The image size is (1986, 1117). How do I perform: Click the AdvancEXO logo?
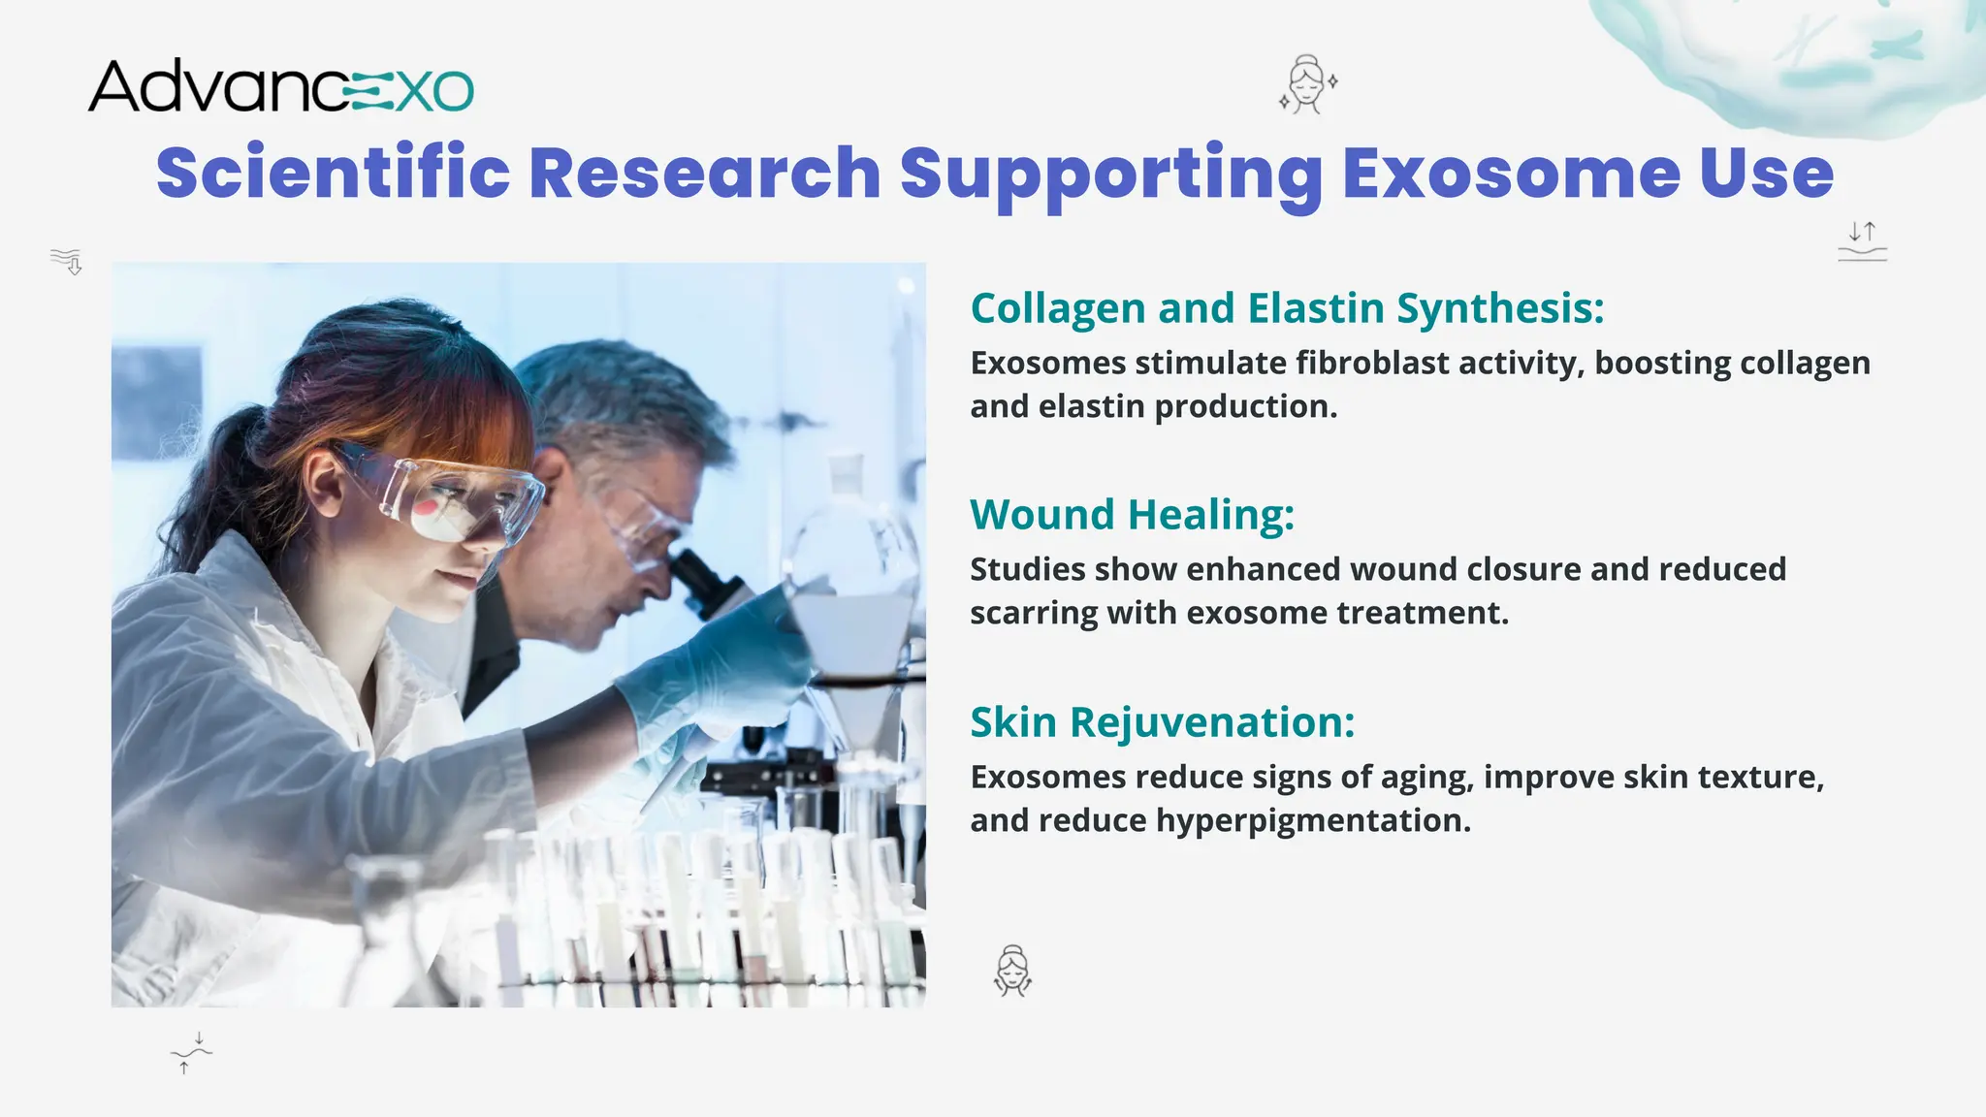coord(280,87)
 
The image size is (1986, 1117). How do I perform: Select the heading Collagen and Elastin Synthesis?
coord(1287,308)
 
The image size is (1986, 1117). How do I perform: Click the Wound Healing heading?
coord(1132,514)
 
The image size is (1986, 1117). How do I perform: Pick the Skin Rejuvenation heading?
coord(1162,722)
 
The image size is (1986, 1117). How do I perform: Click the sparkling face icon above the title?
coord(1307,84)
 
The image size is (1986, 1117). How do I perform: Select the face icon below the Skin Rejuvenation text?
coord(1012,971)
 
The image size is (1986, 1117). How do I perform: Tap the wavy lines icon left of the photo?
coord(67,261)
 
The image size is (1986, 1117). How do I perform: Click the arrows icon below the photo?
coord(191,1053)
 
